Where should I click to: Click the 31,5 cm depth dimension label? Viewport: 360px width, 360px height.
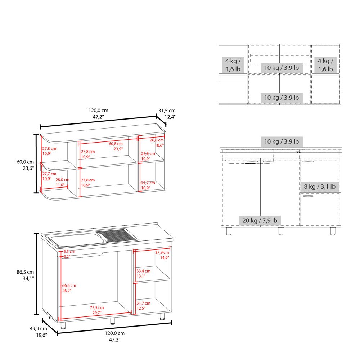pos(167,111)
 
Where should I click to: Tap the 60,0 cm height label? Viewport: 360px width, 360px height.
pos(27,162)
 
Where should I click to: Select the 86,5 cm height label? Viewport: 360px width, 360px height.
pos(27,272)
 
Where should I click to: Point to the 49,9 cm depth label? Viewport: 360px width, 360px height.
pos(38,329)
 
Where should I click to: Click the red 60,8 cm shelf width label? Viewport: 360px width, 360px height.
pos(116,144)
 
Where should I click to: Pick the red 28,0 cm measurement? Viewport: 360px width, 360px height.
pos(62,180)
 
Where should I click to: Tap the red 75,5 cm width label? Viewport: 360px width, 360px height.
pos(96,307)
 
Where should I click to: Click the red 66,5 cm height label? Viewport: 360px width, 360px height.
pos(69,285)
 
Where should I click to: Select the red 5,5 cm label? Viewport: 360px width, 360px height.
pos(69,252)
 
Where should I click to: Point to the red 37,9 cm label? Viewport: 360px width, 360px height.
pos(162,252)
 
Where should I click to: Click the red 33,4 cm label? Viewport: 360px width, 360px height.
pos(143,271)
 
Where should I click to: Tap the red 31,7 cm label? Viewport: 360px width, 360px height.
pos(143,303)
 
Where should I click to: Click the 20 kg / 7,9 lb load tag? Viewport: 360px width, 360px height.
pos(260,220)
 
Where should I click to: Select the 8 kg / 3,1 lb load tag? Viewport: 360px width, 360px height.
pos(319,186)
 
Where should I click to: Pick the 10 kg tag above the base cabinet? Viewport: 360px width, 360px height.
pos(281,141)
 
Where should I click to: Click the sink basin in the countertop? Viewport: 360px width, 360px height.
pos(75,240)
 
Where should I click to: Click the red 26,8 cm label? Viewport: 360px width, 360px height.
pos(157,140)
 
